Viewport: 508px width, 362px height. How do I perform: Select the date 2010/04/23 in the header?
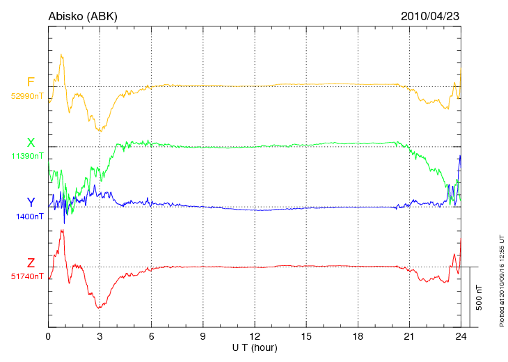coord(430,16)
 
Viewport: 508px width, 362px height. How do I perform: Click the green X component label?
coord(31,143)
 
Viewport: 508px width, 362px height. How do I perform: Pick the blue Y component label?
coord(31,203)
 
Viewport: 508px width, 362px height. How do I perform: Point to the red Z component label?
coord(31,263)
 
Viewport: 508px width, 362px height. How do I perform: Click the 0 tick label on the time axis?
coord(48,336)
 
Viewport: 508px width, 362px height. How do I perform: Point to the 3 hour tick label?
coord(100,336)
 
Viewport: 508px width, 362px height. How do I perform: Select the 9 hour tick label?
coord(203,336)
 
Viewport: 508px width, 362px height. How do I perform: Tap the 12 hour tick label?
coord(254,336)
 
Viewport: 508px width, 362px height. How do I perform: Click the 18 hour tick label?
coord(357,336)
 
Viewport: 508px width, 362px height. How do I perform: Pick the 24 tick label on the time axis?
coord(460,336)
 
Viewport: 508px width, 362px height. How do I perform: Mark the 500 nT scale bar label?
coord(479,297)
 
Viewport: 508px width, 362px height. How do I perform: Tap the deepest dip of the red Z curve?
coord(100,308)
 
